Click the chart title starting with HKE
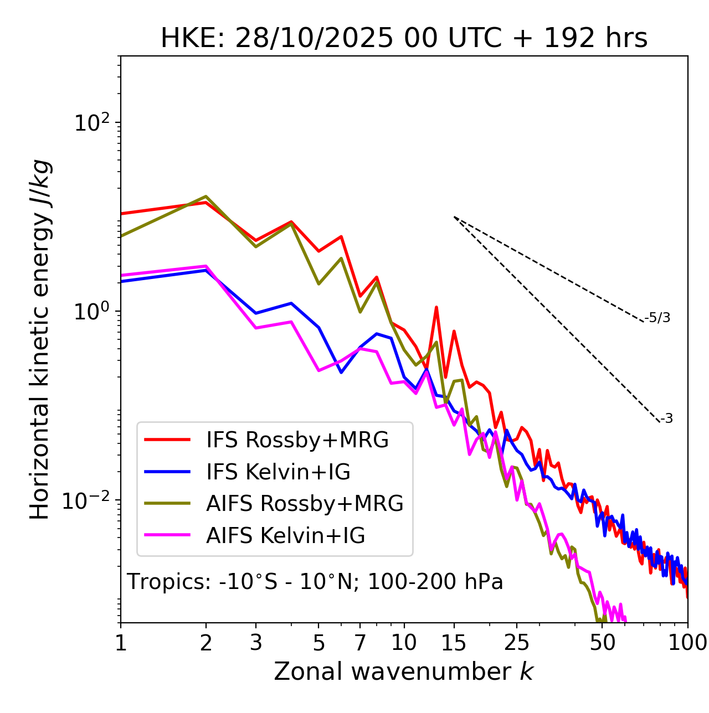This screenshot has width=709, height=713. (x=404, y=38)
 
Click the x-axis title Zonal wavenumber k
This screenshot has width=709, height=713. (x=403, y=671)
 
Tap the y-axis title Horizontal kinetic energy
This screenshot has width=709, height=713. (x=40, y=340)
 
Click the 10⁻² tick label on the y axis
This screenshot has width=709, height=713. (x=89, y=501)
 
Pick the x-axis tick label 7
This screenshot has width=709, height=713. (x=360, y=643)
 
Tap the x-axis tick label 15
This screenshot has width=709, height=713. (x=454, y=643)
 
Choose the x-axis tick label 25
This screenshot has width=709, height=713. (x=516, y=643)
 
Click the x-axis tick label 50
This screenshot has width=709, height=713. (x=602, y=643)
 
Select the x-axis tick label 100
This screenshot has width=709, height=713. (x=687, y=643)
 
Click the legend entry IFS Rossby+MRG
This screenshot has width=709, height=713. (x=297, y=440)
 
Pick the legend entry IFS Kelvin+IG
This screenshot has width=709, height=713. (x=278, y=472)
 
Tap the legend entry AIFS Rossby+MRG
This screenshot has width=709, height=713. (x=305, y=504)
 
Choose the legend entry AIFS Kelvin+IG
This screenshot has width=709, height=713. (x=285, y=536)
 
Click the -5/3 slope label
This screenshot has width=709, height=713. (x=657, y=318)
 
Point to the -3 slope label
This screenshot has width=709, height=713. (x=667, y=419)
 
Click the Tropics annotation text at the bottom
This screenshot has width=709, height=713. (x=315, y=582)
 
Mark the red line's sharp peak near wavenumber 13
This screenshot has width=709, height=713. (x=436, y=307)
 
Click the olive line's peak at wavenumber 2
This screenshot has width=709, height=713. (x=206, y=197)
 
